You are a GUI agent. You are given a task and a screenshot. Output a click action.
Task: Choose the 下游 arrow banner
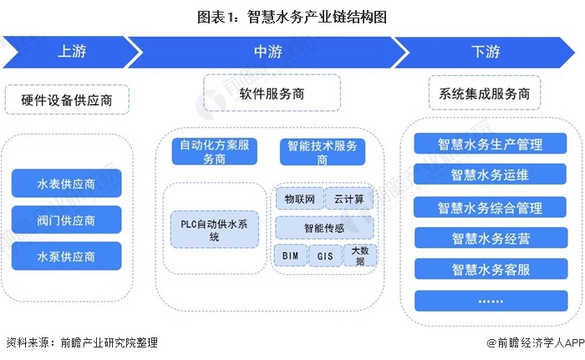point(485,51)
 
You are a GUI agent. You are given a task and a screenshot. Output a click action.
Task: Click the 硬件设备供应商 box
point(69,101)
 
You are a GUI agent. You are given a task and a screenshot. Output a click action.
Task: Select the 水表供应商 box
point(67,182)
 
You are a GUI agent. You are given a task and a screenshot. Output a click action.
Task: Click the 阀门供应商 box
point(67,221)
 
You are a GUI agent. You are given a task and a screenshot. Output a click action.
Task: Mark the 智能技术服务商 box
point(323,150)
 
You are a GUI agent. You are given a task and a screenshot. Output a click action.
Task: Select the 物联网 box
point(298,199)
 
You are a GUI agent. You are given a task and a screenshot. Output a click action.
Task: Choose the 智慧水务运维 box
point(490,175)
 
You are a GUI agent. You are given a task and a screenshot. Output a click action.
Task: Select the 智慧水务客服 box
point(490,269)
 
